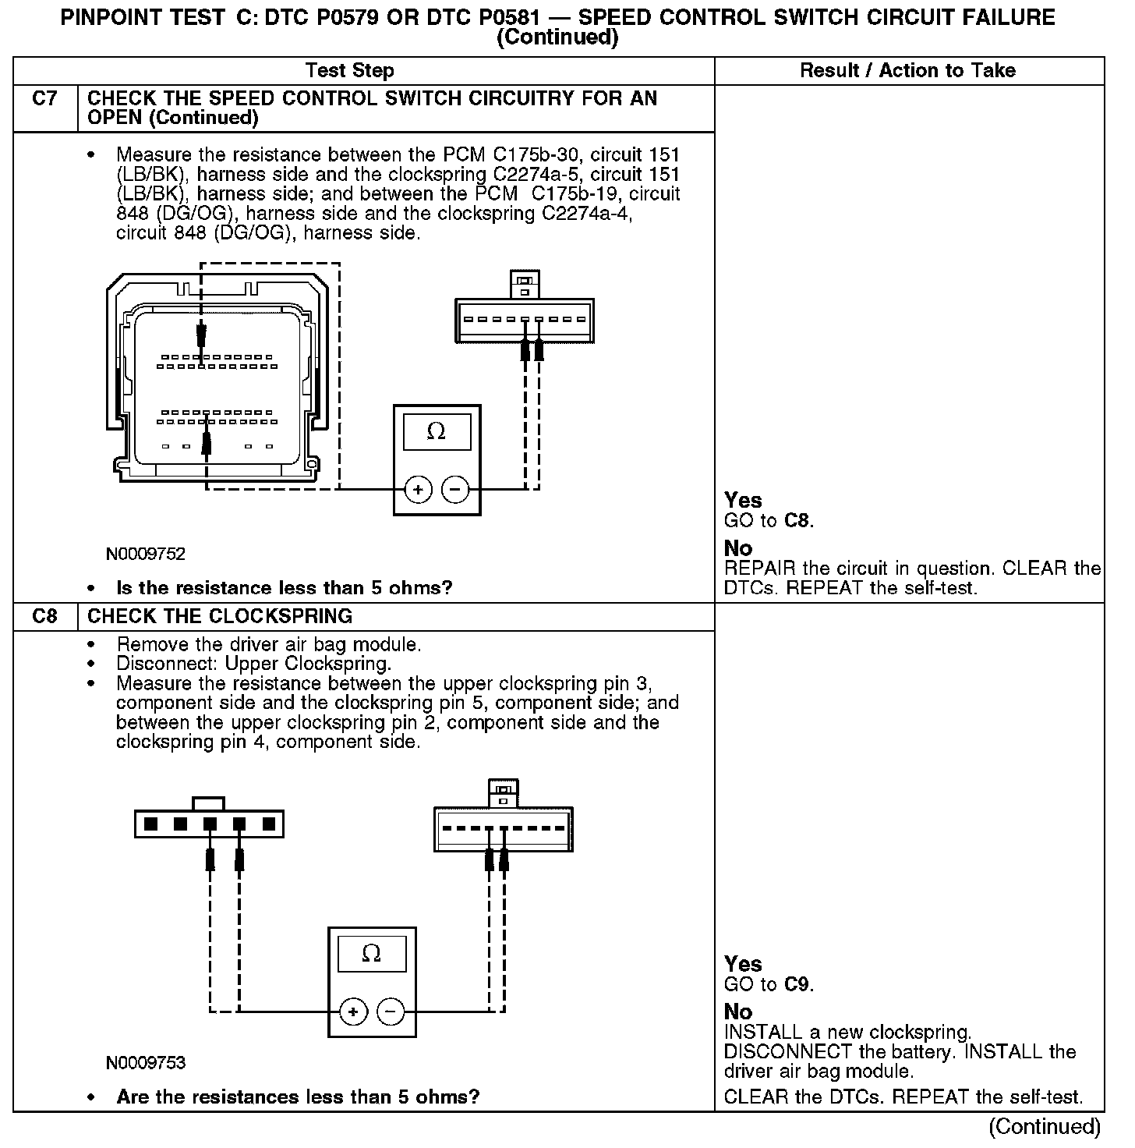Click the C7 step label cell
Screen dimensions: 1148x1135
(45, 99)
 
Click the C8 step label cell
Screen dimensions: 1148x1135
(45, 616)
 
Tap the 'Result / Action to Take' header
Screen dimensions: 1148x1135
(907, 71)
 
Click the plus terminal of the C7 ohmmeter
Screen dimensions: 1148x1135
(419, 490)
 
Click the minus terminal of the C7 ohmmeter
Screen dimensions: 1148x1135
(455, 490)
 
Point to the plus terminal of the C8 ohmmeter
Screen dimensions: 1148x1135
(353, 1012)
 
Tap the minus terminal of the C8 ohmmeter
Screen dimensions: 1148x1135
(391, 1012)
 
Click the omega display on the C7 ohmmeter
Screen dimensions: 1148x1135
(437, 431)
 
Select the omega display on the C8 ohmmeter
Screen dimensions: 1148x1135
(372, 953)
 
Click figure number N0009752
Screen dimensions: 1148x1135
(146, 555)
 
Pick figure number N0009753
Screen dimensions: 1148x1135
(146, 1063)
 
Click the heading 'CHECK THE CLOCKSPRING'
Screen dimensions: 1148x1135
(220, 616)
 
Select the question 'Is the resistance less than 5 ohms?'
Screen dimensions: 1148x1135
(284, 588)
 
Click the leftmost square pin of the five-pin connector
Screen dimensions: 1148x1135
(151, 824)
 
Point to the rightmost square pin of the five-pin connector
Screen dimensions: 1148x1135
(269, 824)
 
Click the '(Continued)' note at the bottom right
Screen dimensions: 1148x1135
(1045, 1126)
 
